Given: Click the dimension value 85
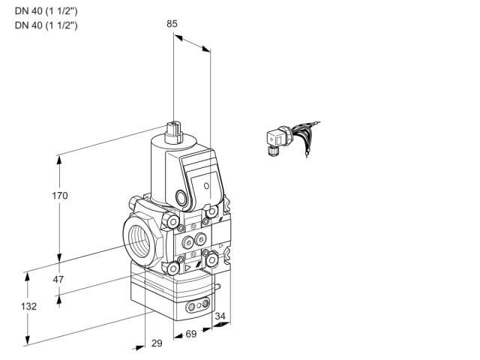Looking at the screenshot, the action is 172,23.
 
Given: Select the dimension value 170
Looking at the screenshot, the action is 60,195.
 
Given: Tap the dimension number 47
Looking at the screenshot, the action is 58,279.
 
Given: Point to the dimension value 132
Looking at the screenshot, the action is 28,306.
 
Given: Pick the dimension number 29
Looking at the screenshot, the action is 157,343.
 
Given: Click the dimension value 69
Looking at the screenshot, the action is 191,334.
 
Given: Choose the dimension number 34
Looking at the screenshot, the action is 220,316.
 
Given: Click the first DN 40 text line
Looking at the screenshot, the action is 46,11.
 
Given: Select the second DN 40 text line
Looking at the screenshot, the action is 46,25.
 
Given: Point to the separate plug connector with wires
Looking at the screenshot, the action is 292,138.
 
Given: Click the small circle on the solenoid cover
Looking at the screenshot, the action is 207,185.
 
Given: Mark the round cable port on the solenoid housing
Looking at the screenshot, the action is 181,197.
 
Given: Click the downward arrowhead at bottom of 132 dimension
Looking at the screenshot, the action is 28,340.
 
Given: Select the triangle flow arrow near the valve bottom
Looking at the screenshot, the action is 187,268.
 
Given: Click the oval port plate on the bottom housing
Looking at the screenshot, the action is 198,304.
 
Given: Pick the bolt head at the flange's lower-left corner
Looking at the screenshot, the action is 173,268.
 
